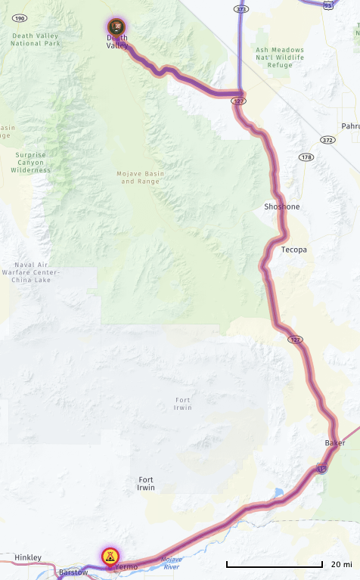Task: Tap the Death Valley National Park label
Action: [x=36, y=39]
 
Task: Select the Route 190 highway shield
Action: [x=20, y=17]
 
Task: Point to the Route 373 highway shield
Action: [x=241, y=9]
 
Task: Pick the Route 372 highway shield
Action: [x=327, y=140]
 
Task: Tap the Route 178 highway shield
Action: [x=306, y=157]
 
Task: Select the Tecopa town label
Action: [x=293, y=249]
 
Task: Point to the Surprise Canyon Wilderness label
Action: [x=32, y=163]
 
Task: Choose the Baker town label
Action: [x=334, y=442]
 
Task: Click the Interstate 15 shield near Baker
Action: [x=322, y=469]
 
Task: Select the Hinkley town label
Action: [x=28, y=557]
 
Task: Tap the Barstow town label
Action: [x=73, y=572]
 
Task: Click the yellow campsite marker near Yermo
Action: [x=110, y=557]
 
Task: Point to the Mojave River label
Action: [x=172, y=562]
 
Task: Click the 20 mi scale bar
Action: [x=275, y=565]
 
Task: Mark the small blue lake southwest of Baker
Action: [x=280, y=492]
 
